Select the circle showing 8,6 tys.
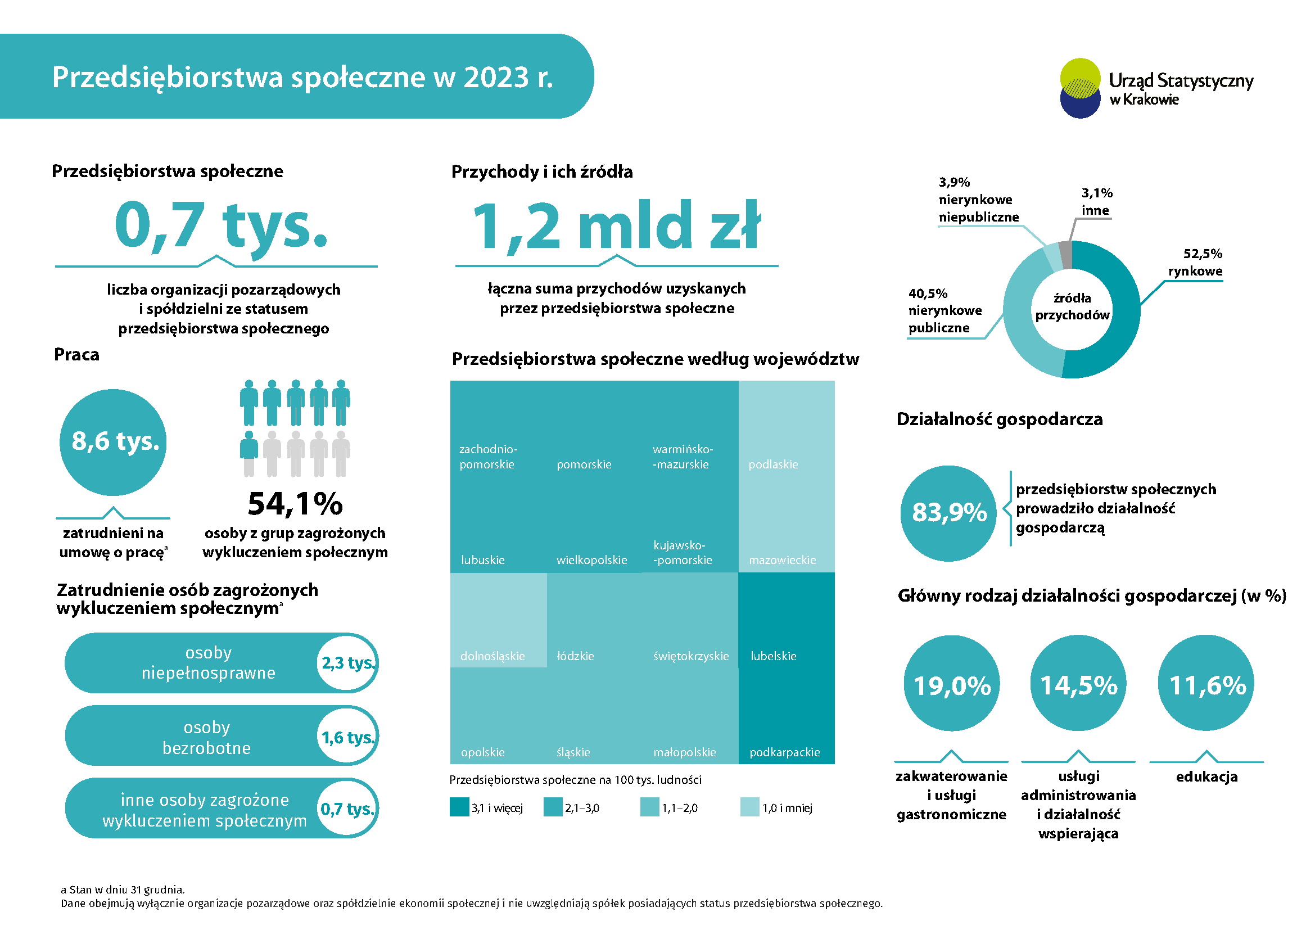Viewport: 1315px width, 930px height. coord(113,442)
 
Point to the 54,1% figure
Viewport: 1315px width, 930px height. coord(295,504)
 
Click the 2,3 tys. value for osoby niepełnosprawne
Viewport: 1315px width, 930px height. coord(346,663)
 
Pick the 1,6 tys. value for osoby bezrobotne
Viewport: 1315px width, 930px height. coord(346,737)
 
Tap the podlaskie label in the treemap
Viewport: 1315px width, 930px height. coord(772,464)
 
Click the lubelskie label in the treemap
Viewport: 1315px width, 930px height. coord(773,656)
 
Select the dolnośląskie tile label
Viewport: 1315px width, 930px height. coord(492,656)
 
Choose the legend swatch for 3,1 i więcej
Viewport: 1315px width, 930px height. coord(459,807)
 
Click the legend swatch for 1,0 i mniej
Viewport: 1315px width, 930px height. coord(749,807)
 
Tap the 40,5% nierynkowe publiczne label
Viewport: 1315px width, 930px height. coord(945,310)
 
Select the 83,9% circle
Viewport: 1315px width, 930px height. coord(948,513)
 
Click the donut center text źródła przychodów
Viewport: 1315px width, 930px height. coord(1072,307)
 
